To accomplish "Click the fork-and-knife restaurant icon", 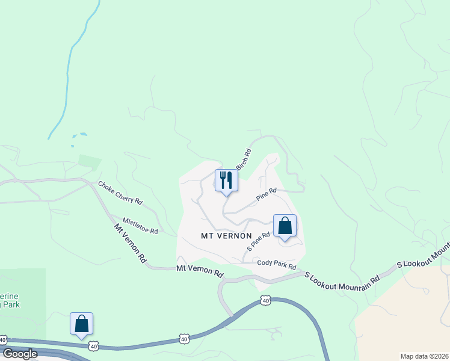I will pos(226,180).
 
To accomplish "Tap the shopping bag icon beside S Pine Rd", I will pos(285,226).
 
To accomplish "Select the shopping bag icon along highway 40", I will pos(82,324).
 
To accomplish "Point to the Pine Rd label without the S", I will pos(266,194).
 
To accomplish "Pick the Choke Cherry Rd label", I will pos(120,193).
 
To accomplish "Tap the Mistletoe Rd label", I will pos(140,226).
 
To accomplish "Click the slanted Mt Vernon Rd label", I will pos(131,243).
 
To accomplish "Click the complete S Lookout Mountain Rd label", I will pos(342,277).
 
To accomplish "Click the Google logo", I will pos(19,354).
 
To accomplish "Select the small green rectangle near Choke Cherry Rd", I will pos(89,161).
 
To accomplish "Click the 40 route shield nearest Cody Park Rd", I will pos(267,300).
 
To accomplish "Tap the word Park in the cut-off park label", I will pos(11,305).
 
